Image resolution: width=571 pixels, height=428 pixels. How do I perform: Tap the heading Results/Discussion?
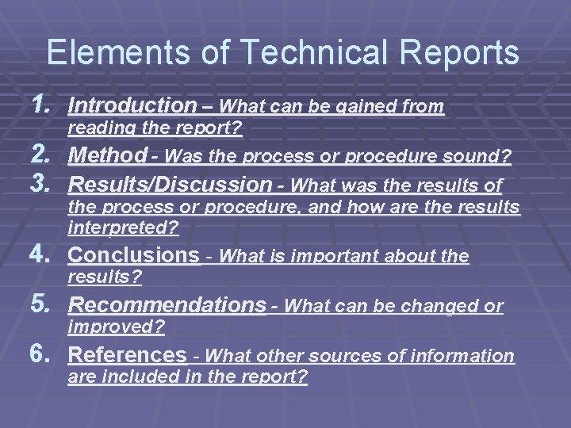(171, 185)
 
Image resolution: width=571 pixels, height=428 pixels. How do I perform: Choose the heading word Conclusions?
(134, 255)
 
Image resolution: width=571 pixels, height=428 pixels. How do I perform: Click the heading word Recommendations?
(167, 304)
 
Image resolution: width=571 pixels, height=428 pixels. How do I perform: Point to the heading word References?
(127, 355)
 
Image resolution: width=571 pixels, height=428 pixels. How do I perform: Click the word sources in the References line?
(357, 356)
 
